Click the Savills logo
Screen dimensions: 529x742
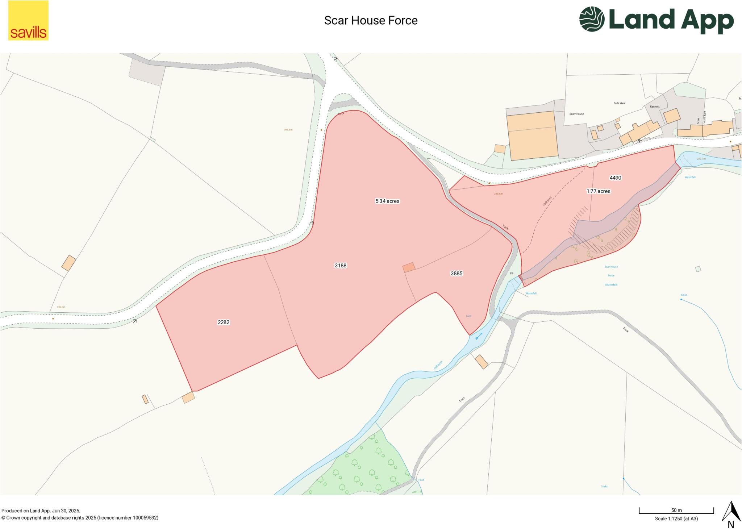(x=28, y=20)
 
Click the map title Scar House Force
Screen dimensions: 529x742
(x=371, y=21)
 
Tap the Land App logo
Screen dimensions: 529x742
(x=656, y=20)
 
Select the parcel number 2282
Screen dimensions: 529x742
(x=224, y=322)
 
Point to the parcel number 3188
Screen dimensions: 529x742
(x=341, y=266)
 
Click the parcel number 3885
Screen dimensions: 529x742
(x=457, y=274)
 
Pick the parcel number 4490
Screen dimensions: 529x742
(x=616, y=178)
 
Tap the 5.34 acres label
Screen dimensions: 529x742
(x=387, y=201)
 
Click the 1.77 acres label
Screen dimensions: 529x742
(x=599, y=191)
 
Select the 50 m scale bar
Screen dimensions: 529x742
(x=676, y=511)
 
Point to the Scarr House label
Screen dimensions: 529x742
(x=576, y=114)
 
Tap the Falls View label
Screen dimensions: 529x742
(x=620, y=103)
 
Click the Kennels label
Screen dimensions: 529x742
(x=655, y=107)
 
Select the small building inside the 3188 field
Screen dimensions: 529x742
(x=409, y=267)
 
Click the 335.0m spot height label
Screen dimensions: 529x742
(x=61, y=307)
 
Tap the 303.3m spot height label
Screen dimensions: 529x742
(x=288, y=129)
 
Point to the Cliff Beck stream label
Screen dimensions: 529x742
(x=438, y=365)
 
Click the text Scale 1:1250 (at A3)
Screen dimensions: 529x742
(x=676, y=518)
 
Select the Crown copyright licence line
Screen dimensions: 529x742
(x=80, y=518)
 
